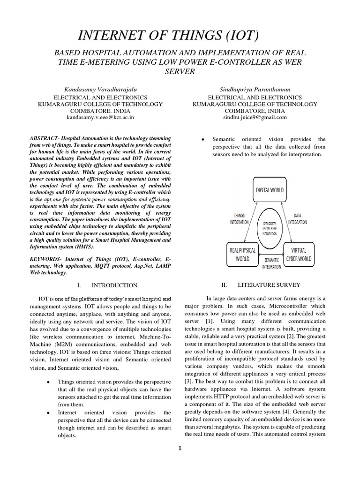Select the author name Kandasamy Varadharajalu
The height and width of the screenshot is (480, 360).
(x=100, y=89)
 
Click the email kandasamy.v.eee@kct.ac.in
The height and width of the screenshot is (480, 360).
(x=100, y=118)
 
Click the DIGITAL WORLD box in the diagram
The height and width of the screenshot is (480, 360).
(x=269, y=190)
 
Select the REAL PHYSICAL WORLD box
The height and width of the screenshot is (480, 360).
(x=243, y=254)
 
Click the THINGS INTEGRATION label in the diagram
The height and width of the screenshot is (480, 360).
(x=239, y=219)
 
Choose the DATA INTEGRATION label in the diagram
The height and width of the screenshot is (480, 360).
(x=298, y=219)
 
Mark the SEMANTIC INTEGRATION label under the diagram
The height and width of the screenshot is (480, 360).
(x=272, y=263)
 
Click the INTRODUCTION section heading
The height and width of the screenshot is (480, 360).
(x=114, y=285)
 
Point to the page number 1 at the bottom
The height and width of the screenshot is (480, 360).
(x=180, y=448)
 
